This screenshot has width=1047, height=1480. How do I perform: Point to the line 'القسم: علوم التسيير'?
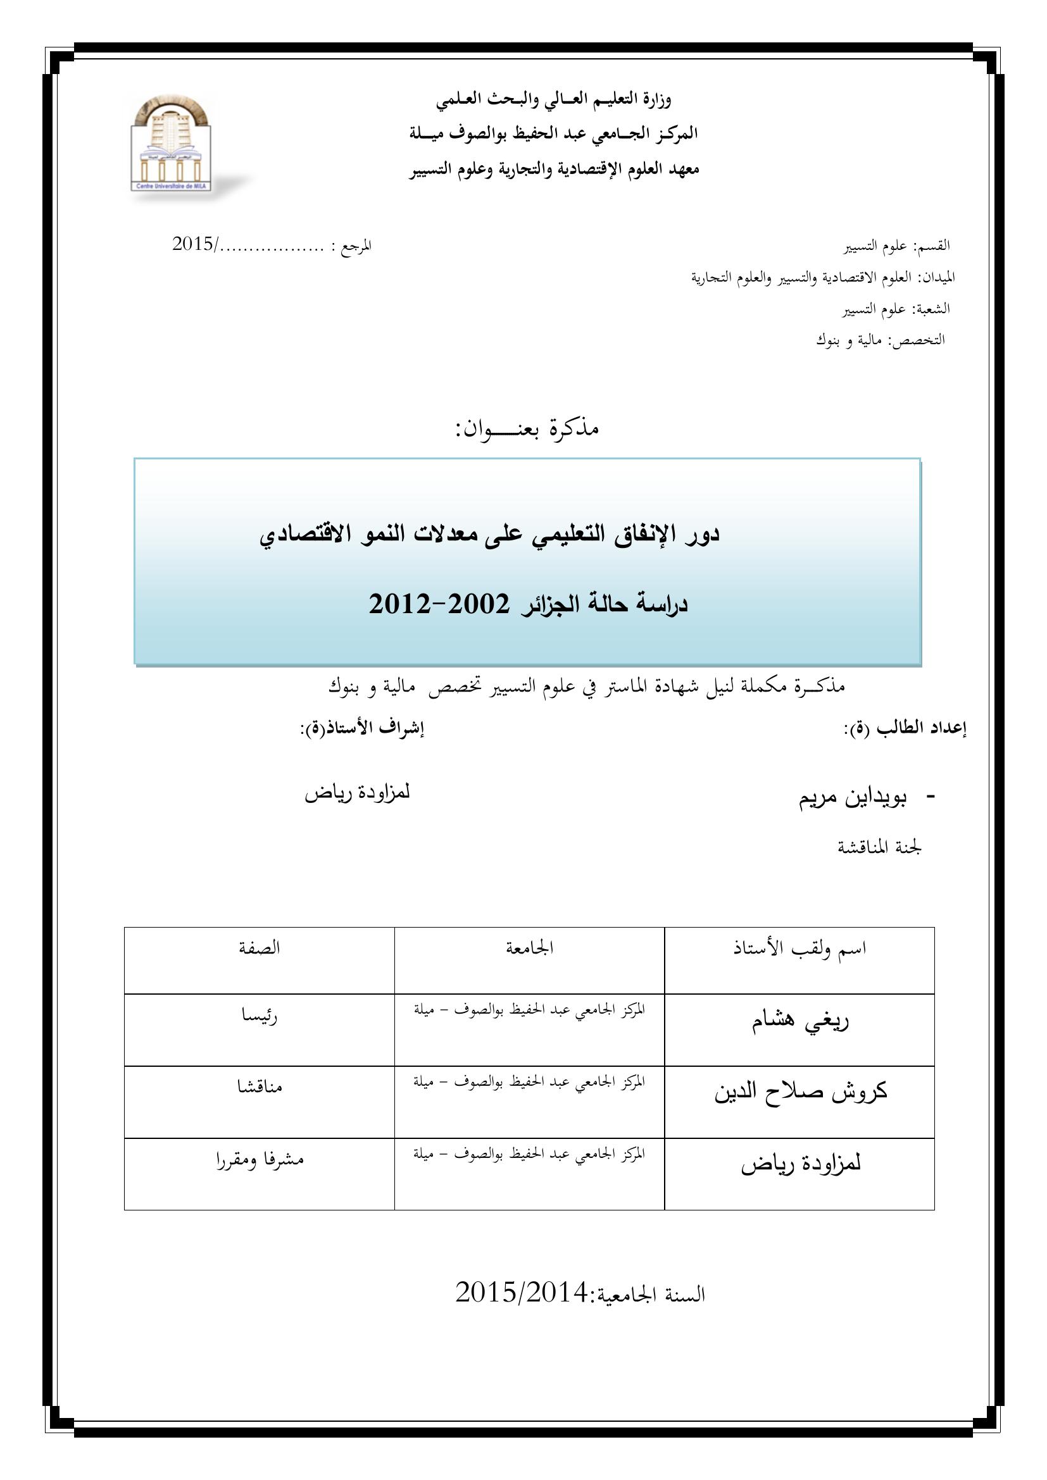(x=898, y=246)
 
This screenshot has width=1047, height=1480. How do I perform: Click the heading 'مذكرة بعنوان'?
(x=527, y=428)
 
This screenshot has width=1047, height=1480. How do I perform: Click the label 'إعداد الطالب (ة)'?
(x=905, y=728)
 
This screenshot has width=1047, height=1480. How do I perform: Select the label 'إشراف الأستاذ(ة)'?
(x=361, y=728)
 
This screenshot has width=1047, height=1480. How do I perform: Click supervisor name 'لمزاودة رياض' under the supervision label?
(x=357, y=793)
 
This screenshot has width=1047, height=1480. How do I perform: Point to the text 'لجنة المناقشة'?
(x=879, y=848)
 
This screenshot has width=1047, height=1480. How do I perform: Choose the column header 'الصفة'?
(x=259, y=948)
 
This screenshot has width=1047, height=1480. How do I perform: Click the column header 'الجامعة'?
(x=529, y=948)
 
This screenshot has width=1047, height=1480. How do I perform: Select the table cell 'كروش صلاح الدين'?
(x=800, y=1092)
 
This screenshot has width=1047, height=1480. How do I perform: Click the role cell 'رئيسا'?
(x=259, y=1017)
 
